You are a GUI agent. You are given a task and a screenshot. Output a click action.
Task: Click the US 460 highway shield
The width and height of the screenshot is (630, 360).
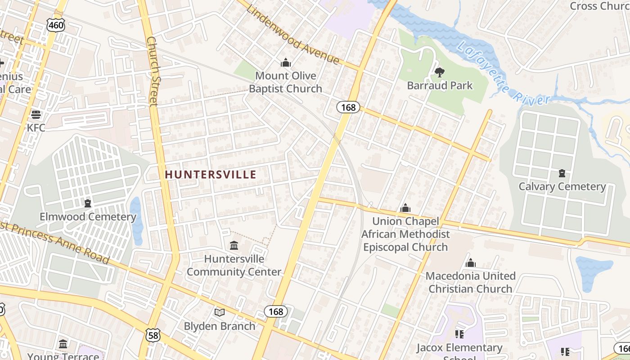[x=56, y=25]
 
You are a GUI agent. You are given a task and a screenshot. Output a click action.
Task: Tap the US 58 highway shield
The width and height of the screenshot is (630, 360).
[x=153, y=334]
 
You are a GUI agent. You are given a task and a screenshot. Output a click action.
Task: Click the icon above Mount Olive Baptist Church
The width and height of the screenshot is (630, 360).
[x=285, y=63]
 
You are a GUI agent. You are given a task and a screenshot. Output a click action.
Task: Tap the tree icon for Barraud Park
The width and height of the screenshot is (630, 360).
[x=439, y=72]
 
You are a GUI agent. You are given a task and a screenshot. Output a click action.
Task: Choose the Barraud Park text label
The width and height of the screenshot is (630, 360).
[x=440, y=85]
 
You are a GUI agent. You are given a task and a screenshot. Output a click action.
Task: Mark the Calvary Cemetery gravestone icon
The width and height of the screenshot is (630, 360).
[x=562, y=173]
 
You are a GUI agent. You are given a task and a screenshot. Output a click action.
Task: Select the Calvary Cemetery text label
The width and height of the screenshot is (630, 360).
[x=562, y=186]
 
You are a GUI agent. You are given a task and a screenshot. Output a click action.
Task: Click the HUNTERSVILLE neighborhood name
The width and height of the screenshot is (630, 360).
[x=210, y=175]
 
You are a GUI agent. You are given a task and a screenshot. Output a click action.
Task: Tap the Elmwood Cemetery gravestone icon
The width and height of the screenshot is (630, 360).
[x=88, y=203]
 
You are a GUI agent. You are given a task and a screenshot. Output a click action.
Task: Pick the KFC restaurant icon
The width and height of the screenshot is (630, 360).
[x=36, y=114]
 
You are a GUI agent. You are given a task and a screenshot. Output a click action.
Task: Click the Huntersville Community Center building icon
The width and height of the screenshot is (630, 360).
[x=234, y=246]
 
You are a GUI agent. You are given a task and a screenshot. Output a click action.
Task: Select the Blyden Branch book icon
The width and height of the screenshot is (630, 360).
[x=220, y=312]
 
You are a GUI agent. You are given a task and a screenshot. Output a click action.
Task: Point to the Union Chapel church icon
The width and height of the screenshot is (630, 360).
[x=405, y=208]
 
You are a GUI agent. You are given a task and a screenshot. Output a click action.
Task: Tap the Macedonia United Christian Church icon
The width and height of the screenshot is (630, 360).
[x=471, y=263]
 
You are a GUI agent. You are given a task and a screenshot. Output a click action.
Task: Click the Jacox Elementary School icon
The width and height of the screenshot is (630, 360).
[x=459, y=334]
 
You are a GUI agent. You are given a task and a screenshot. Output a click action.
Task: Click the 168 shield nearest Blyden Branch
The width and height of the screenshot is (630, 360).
[x=275, y=311]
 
